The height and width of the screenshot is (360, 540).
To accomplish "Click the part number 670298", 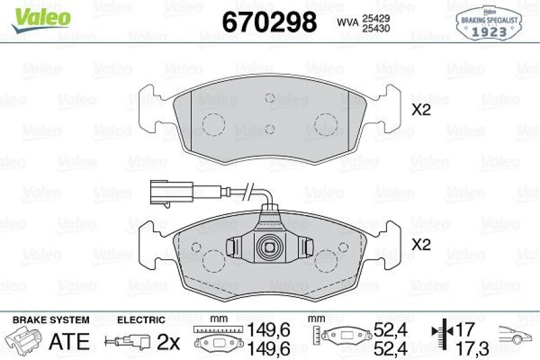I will (x=270, y=23).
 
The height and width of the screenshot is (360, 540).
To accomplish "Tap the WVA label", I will (x=347, y=23).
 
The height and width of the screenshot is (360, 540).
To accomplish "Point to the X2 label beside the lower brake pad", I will (x=421, y=245).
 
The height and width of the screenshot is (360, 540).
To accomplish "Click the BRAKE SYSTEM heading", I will (x=51, y=320).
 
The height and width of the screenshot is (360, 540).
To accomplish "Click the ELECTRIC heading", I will (x=141, y=320).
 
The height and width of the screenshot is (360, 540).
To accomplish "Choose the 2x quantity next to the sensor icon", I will (x=168, y=342).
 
